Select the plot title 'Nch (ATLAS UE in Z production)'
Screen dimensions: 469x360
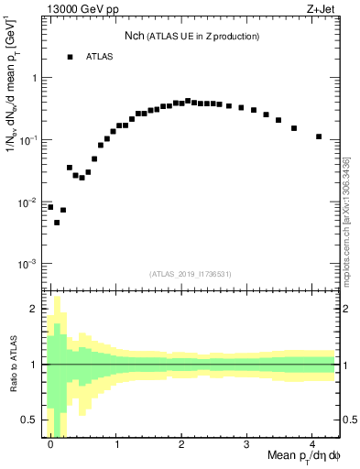pos(191,36)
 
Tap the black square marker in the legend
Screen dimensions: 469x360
pos(70,57)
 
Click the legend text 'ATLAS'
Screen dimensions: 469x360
pos(101,57)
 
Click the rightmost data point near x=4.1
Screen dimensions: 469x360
pos(319,136)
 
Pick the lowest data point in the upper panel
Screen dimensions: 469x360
pos(57,223)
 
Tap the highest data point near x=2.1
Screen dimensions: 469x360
pos(188,101)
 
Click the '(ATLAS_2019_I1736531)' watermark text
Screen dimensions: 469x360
pos(191,274)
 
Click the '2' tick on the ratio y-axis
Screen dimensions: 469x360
pos(34,309)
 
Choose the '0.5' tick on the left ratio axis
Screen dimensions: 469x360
pos(30,420)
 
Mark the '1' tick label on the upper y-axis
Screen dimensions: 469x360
pos(35,78)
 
